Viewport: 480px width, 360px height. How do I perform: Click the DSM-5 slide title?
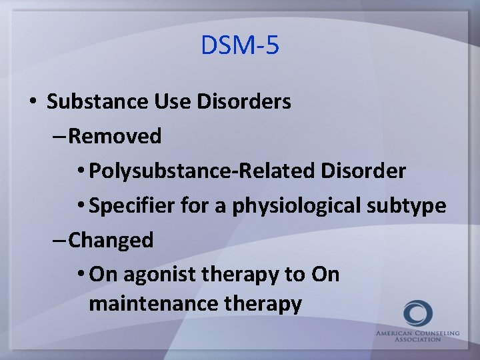click(x=240, y=46)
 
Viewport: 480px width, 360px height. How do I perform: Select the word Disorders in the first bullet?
click(x=245, y=102)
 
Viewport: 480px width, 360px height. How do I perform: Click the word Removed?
click(x=115, y=137)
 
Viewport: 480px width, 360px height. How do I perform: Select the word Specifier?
click(x=131, y=206)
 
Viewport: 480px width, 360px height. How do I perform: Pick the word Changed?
click(x=111, y=240)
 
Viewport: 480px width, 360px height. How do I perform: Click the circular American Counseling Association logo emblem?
click(x=417, y=313)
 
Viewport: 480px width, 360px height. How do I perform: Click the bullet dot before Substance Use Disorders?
click(x=32, y=103)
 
